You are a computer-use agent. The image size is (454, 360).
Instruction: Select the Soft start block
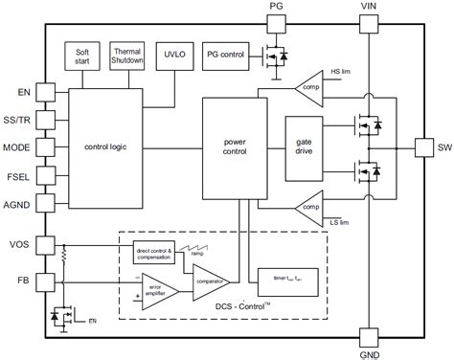click(x=82, y=55)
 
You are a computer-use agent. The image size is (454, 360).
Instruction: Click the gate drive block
click(x=304, y=147)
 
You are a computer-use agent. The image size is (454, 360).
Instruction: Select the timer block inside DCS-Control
click(x=282, y=279)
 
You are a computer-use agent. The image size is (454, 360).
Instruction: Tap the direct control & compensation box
click(x=153, y=252)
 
